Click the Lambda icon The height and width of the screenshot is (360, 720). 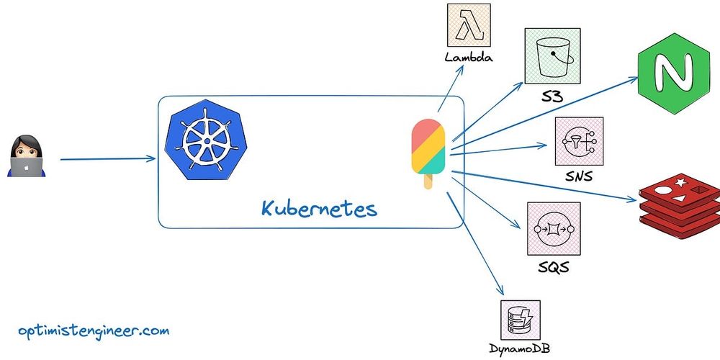click(x=469, y=26)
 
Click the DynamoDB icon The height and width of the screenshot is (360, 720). click(x=520, y=320)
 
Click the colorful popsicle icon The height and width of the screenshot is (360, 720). click(x=428, y=147)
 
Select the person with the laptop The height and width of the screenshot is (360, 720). click(x=25, y=156)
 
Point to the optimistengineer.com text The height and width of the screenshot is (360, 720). click(x=94, y=331)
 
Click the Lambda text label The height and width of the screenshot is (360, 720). click(x=469, y=58)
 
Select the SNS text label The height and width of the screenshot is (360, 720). click(x=579, y=175)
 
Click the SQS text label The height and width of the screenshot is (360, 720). click(x=553, y=269)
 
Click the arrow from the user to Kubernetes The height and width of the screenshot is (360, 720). click(x=108, y=159)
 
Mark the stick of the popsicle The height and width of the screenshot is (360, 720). click(x=428, y=181)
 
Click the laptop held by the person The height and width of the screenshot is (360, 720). click(x=26, y=167)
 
